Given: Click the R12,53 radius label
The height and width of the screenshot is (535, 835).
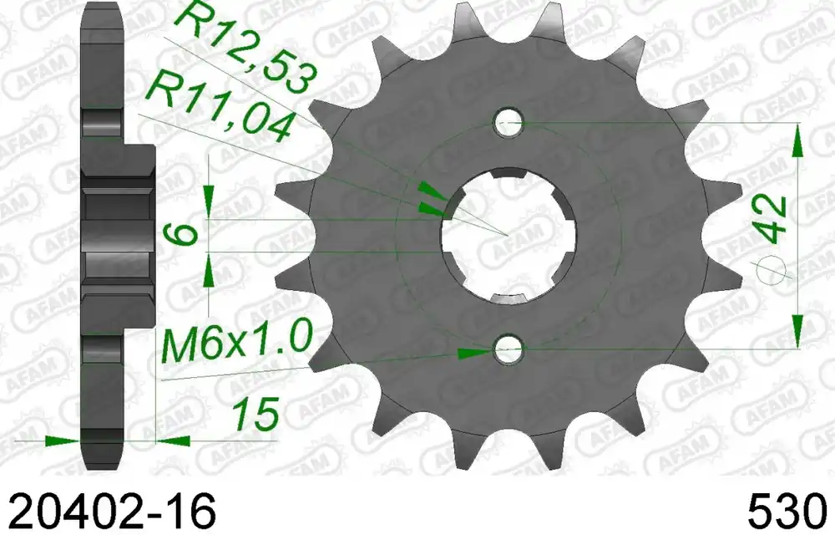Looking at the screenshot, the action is coord(245,44).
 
